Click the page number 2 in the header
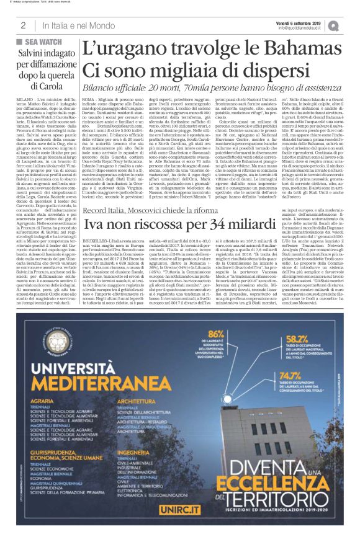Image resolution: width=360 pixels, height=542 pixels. [x=23, y=25]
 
